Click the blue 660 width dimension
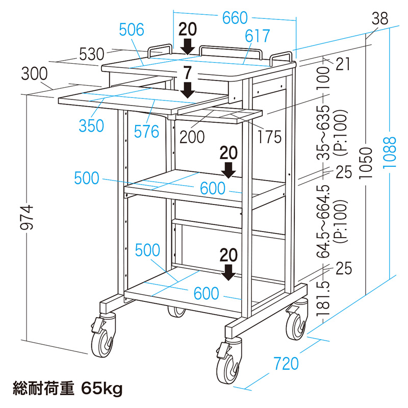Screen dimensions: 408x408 pyautogui.click(x=235, y=18)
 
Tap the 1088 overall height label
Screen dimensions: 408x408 pyautogui.click(x=390, y=152)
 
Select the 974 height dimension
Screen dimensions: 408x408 pyautogui.click(x=27, y=217)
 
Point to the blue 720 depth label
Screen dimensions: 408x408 pyautogui.click(x=286, y=364)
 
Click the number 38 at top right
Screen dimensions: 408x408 pyautogui.click(x=380, y=18)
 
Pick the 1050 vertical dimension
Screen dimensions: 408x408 pyautogui.click(x=366, y=163)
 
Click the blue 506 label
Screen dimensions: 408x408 pyautogui.click(x=132, y=30)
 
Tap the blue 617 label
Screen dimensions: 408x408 pyautogui.click(x=258, y=36)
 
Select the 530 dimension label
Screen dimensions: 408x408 pyautogui.click(x=92, y=55)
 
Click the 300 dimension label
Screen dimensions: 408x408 pyautogui.click(x=34, y=73)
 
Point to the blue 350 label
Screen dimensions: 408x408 pyautogui.click(x=91, y=126)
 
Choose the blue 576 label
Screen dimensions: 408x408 pyautogui.click(x=146, y=132)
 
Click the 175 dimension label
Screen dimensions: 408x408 pyautogui.click(x=270, y=137)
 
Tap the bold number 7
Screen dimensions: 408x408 pyautogui.click(x=187, y=73)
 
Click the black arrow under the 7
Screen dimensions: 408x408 pyautogui.click(x=187, y=90)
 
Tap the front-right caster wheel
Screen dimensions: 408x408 pyautogui.click(x=228, y=364)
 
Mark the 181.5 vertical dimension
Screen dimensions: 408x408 pyautogui.click(x=323, y=299)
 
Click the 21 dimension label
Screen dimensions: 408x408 pyautogui.click(x=343, y=64)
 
